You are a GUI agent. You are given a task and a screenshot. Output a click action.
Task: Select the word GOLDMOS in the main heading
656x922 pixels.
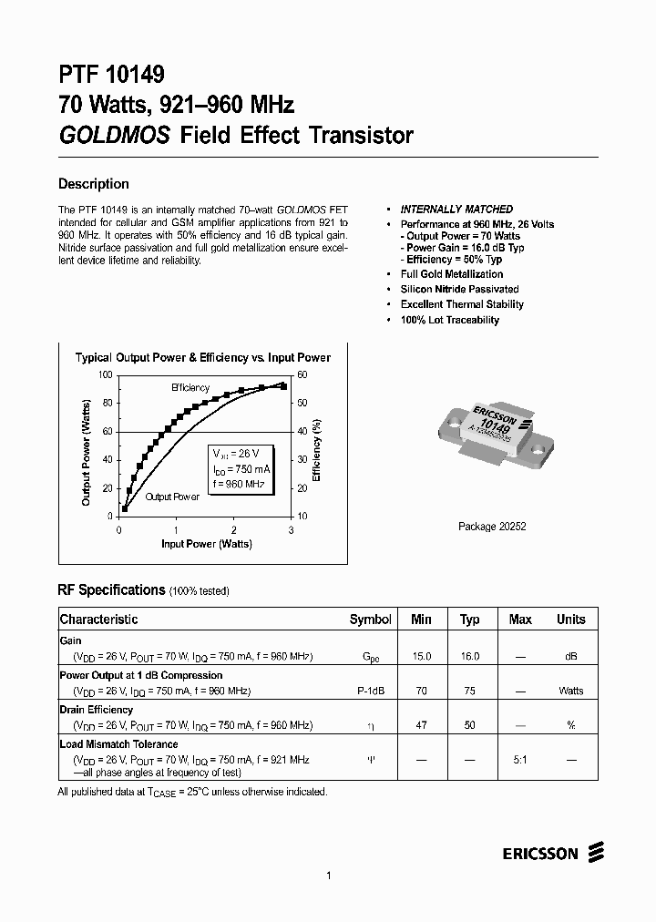(115, 136)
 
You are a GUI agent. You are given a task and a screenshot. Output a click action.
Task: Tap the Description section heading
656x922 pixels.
(94, 184)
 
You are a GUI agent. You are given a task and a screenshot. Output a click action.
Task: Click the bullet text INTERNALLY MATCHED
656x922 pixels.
(456, 210)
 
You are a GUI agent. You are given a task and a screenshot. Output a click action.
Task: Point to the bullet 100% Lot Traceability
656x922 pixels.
(449, 320)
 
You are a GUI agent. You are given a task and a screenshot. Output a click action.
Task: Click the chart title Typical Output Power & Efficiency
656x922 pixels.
(202, 358)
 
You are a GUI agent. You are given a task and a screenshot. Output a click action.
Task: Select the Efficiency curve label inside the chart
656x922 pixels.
(191, 388)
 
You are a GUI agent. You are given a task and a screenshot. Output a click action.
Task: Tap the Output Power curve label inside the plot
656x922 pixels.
(172, 497)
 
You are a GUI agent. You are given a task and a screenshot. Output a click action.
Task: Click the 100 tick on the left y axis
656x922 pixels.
(104, 375)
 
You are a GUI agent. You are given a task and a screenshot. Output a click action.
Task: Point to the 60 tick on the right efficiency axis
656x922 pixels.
(302, 375)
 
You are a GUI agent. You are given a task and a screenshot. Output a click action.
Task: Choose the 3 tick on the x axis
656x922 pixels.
(291, 530)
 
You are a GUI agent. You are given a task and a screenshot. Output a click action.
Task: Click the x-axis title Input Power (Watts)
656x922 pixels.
(207, 544)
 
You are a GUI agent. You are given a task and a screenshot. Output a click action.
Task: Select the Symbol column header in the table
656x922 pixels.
(370, 620)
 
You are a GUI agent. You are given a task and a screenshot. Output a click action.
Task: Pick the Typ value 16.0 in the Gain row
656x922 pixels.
(469, 656)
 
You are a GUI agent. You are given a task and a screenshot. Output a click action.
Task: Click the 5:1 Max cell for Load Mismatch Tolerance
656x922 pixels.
(520, 759)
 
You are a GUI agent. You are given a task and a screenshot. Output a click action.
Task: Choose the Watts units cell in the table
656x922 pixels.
(571, 691)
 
